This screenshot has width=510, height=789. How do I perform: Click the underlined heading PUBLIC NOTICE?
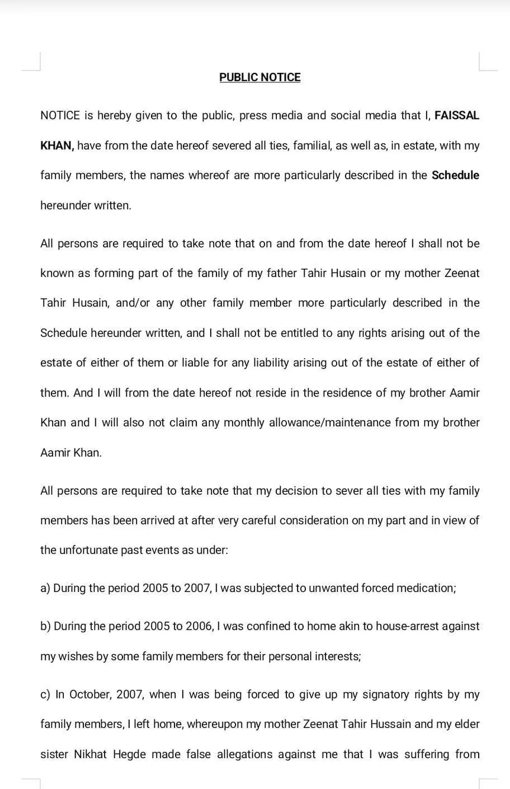point(260,78)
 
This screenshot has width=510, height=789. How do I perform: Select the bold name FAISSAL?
point(457,115)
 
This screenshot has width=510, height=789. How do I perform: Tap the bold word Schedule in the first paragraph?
point(455,175)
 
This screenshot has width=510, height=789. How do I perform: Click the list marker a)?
point(46,588)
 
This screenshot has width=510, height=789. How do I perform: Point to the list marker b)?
point(46,626)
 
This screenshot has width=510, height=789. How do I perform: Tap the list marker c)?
point(46,694)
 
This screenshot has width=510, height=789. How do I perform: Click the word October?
point(89,694)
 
